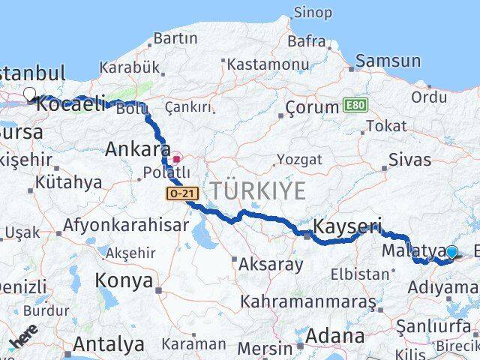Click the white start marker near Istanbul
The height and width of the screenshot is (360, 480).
tap(30, 94)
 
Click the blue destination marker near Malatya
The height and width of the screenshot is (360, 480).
tap(451, 253)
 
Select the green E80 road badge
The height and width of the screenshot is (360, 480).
tap(355, 106)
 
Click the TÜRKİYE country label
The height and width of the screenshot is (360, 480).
tap(257, 190)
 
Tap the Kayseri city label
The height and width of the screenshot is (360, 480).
tap(346, 226)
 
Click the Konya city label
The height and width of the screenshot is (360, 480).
tap(124, 281)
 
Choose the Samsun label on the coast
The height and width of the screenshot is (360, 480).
tap(388, 61)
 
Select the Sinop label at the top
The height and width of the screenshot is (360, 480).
tap(313, 12)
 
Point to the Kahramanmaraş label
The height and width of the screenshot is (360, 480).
tap(307, 301)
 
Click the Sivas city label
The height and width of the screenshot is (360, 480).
tap(410, 160)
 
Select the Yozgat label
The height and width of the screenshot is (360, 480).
tap(299, 160)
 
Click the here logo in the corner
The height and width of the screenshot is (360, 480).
tap(23, 337)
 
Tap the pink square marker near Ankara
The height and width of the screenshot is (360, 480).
tap(177, 159)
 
